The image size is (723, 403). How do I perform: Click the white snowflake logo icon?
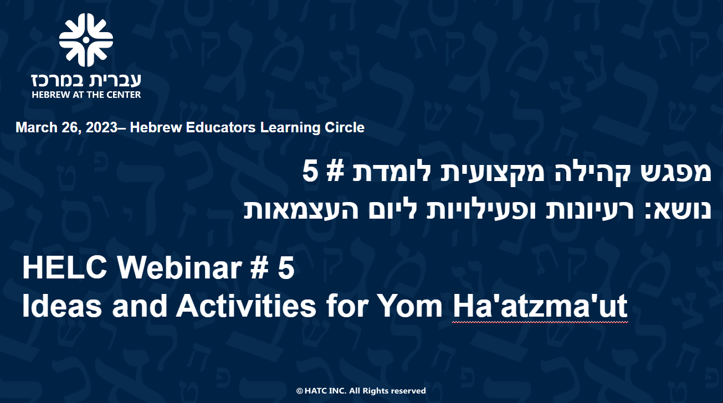point(86,40)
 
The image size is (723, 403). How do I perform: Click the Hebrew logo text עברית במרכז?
point(86,80)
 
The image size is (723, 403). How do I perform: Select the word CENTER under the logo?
point(125,95)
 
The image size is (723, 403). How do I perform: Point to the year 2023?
point(101,128)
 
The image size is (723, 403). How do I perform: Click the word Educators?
point(221,127)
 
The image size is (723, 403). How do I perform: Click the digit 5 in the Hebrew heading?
point(310,172)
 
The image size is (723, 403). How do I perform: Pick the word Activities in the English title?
point(247,306)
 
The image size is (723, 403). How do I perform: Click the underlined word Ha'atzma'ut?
point(540,306)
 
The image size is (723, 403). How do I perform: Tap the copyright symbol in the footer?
point(300,391)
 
